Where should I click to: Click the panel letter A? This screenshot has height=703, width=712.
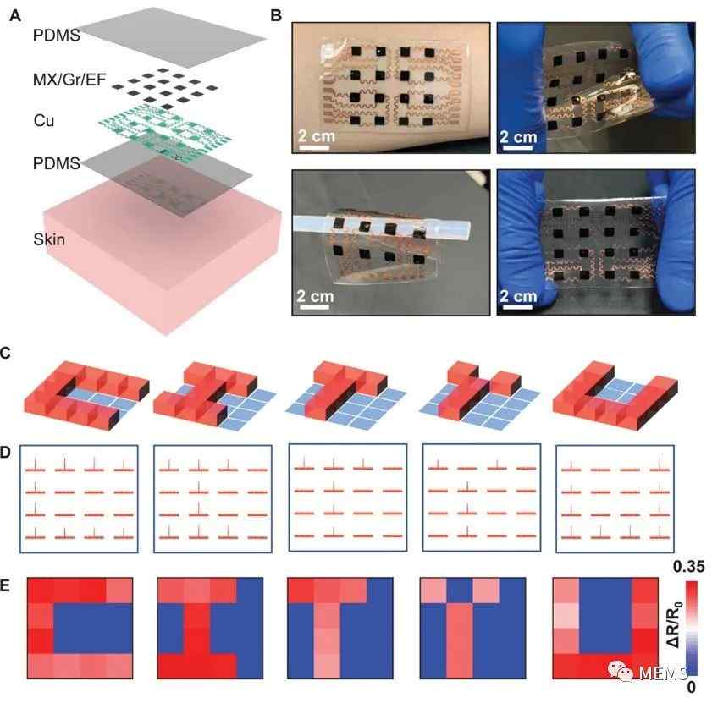15,16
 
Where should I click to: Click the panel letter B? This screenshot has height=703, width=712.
276,16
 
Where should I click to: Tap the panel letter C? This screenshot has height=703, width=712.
5,353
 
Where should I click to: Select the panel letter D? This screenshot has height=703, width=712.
5,453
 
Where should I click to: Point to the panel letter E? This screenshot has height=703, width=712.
4,585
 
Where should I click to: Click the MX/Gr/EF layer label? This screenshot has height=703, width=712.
69,80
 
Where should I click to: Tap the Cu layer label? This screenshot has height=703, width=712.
43,120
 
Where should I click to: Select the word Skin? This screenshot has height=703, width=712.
49,239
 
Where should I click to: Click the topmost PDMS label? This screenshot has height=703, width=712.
57,35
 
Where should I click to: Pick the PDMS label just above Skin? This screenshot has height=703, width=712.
57,163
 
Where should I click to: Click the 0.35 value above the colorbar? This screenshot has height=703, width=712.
689,567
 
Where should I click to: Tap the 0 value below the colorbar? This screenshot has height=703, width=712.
691,687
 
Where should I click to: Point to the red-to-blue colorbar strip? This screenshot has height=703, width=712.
692,628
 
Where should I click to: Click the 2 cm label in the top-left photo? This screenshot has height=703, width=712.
316,135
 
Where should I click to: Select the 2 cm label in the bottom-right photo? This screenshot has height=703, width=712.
518,296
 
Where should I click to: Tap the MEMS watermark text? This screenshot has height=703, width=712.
664,673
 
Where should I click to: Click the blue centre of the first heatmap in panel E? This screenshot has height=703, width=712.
93,628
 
